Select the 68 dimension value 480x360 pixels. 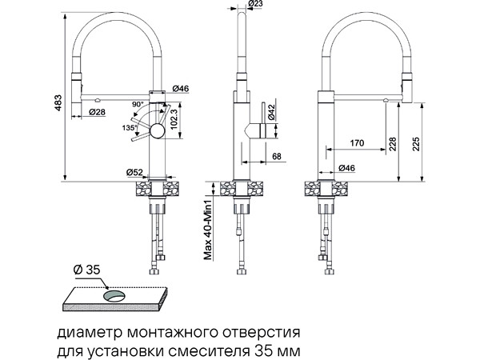click(275, 157)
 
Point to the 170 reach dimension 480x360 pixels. click(357, 143)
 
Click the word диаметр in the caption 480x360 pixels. click(84, 330)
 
